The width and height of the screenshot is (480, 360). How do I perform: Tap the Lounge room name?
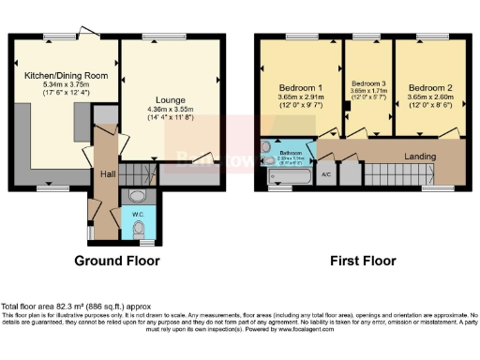click(171, 100)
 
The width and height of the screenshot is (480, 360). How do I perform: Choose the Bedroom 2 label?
click(427, 86)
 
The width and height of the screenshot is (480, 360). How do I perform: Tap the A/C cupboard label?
click(325, 174)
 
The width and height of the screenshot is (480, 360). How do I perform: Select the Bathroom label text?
click(292, 152)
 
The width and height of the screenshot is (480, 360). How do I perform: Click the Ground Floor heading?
click(117, 261)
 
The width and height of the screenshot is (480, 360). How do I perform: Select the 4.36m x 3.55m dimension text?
click(171, 110)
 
